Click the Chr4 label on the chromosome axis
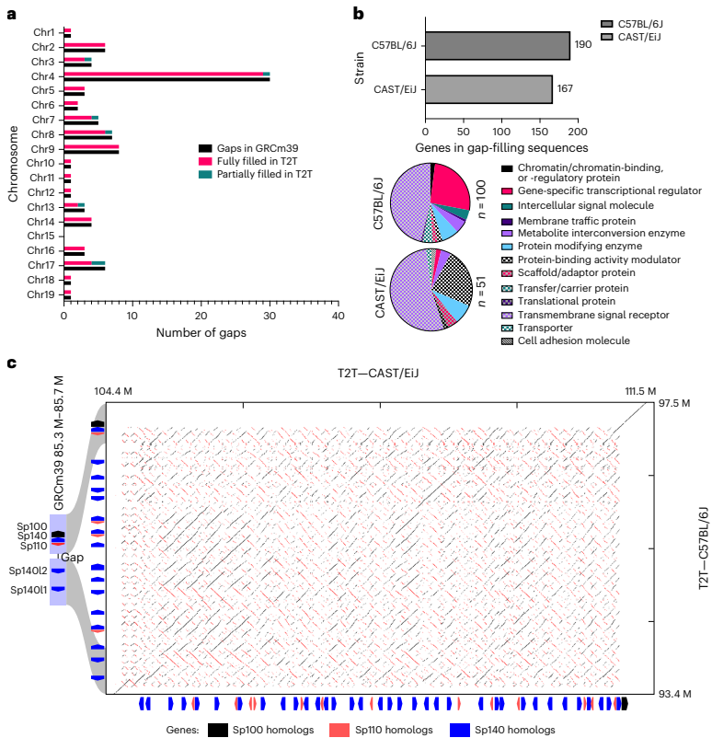coord(41,76)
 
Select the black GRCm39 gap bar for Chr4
coord(167,79)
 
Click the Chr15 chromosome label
coord(40,236)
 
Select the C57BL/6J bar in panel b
coord(497,45)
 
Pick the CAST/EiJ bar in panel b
coord(488,89)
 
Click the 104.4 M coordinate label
coord(112,392)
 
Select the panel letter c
coord(11,363)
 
